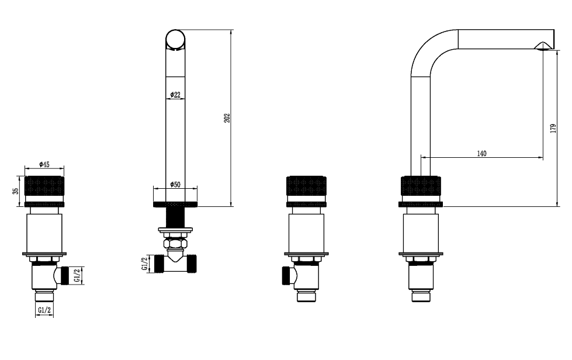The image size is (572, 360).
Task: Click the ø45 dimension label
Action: [44, 164]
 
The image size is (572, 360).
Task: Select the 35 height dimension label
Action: [16, 191]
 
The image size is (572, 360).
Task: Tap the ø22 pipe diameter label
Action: [175, 95]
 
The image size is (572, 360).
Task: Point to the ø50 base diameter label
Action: [175, 185]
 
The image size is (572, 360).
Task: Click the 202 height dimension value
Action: [227, 118]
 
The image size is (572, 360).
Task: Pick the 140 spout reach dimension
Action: [481, 154]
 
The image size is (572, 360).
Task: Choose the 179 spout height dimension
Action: [553, 129]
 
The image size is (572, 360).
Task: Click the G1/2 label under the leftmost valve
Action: [44, 310]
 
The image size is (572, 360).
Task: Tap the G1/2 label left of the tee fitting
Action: [144, 264]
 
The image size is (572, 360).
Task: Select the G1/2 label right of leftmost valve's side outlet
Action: [77, 275]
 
